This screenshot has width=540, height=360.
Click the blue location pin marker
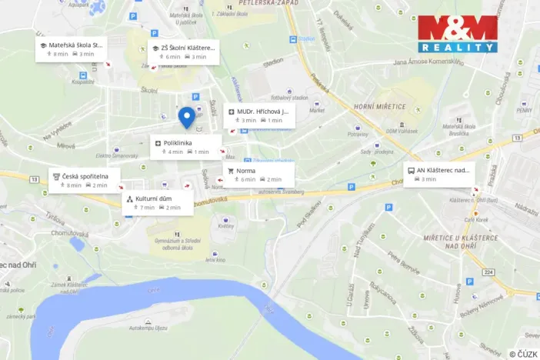click(186, 116)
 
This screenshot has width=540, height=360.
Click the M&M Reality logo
click(457, 34)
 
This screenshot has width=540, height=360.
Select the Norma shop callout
click(258, 175)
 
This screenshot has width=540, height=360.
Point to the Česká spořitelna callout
click(85, 180)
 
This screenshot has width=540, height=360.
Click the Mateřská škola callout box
click(70, 49)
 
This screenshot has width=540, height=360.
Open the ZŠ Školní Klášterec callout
click(183, 52)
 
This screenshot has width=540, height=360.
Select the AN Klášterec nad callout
click(438, 174)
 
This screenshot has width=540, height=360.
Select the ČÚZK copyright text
click(522, 353)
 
